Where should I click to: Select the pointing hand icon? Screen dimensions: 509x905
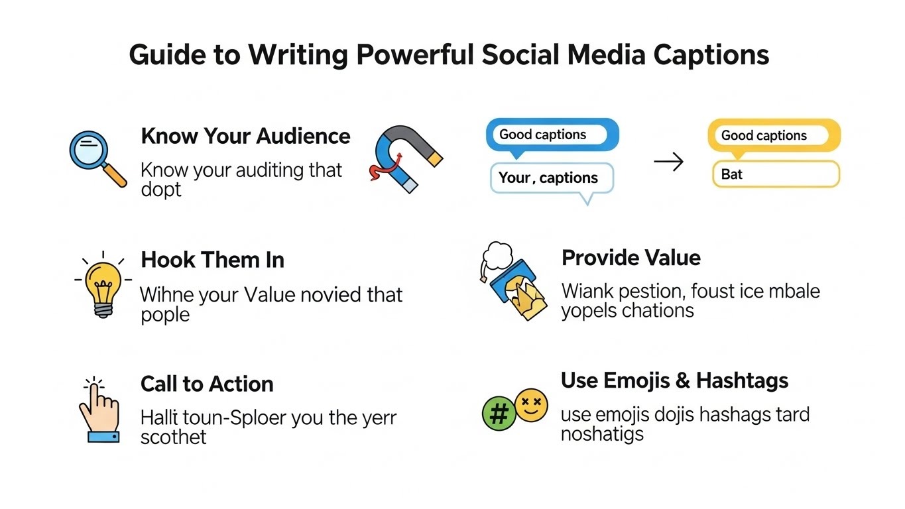[x=99, y=411]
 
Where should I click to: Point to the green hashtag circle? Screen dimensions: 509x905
[x=499, y=414]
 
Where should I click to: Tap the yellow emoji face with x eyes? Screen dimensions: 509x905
[x=531, y=405]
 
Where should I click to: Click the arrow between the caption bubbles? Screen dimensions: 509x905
[x=668, y=162]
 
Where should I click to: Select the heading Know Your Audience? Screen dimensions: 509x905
[x=245, y=137]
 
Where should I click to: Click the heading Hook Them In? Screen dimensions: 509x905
[x=212, y=260]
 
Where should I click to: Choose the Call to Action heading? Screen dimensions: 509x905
[x=207, y=384]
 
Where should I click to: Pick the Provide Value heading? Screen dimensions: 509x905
[x=631, y=258]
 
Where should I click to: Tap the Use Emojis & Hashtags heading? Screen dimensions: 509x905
[x=674, y=380]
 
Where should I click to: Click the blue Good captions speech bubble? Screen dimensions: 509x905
[x=552, y=135]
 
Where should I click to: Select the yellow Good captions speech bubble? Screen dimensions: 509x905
[x=773, y=136]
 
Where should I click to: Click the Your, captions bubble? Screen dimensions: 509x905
[x=551, y=178]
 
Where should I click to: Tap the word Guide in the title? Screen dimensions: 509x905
[x=167, y=54]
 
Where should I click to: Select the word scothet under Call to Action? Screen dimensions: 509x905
[x=173, y=437]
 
